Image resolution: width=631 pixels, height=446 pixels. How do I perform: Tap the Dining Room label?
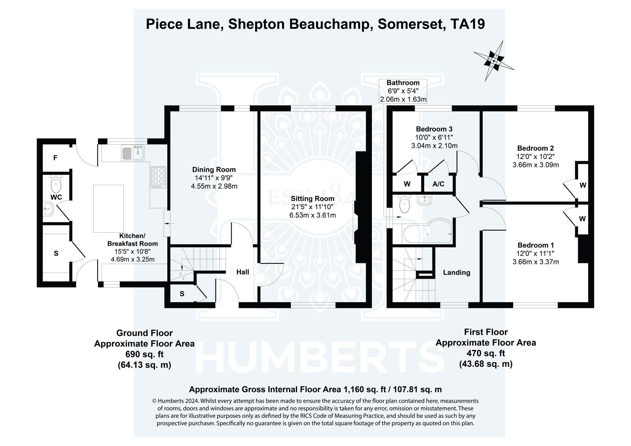[x=214, y=169]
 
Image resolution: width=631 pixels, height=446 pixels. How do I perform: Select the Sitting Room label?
[x=312, y=199]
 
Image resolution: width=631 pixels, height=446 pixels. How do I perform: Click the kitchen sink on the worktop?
[x=133, y=152]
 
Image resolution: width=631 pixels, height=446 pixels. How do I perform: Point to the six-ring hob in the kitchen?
[x=158, y=177]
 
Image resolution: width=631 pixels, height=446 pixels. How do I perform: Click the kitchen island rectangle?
[x=108, y=209]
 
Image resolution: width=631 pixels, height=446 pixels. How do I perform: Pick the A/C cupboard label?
[x=438, y=184]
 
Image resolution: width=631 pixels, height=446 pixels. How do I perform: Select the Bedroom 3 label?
[x=434, y=129]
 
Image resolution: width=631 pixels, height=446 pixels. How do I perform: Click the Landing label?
[x=456, y=273]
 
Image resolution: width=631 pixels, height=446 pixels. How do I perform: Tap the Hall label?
[x=243, y=272]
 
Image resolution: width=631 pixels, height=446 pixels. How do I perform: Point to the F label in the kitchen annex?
[x=55, y=158]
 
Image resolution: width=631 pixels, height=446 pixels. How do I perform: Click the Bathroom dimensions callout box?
[x=403, y=91]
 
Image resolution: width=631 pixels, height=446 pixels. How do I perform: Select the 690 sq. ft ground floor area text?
[x=144, y=354]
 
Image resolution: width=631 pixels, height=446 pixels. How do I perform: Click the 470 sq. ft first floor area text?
[x=486, y=353]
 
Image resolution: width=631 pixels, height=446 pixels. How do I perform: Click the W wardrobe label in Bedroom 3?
[x=407, y=184]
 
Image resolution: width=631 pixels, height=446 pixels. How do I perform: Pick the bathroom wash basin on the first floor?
[x=425, y=200]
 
